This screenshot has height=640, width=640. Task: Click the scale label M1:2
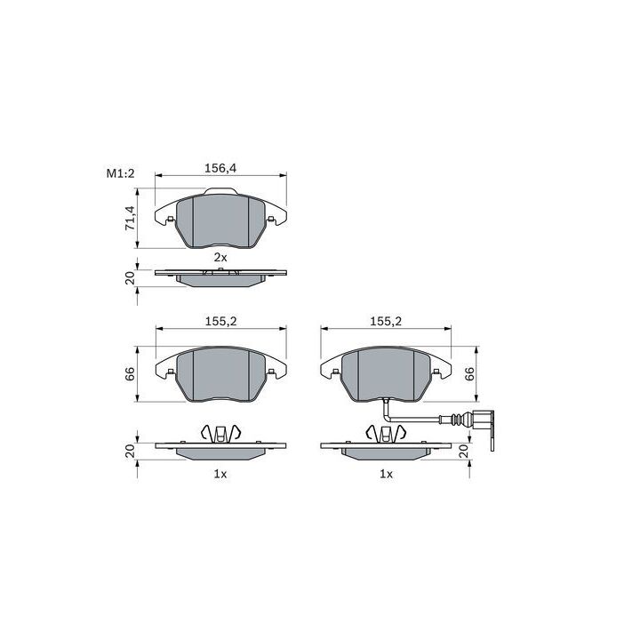coord(120,173)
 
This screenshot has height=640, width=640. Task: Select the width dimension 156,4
coord(220,168)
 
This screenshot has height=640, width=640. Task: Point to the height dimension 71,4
coord(130,218)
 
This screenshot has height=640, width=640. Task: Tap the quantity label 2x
coord(220,257)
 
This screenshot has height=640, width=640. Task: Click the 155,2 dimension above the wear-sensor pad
coord(386,321)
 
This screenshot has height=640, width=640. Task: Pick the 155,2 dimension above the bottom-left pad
coord(220,321)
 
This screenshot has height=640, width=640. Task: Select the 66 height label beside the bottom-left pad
coord(130,374)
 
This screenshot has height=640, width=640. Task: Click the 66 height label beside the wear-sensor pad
coord(470,374)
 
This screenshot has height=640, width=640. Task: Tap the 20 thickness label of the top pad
coord(130,278)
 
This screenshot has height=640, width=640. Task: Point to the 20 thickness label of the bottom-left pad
coord(130,451)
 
